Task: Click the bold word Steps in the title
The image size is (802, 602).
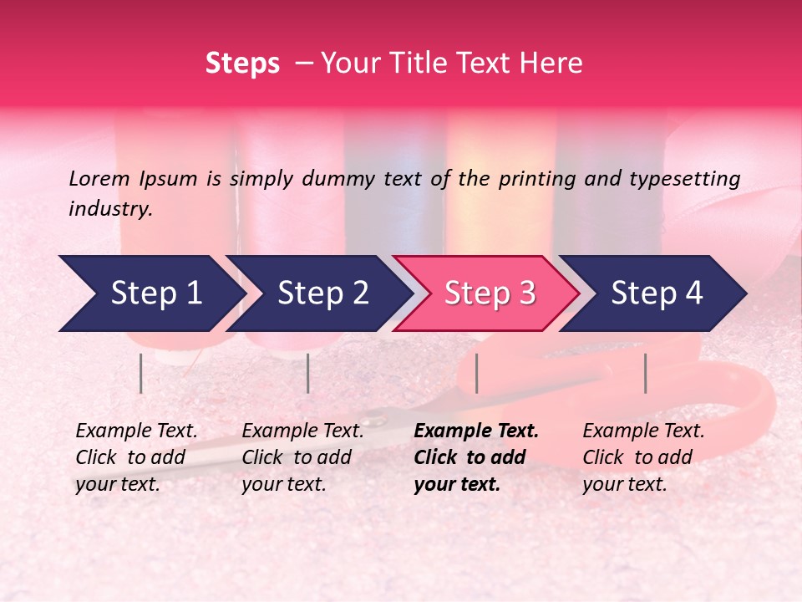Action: (x=242, y=64)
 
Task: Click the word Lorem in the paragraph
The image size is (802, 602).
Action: (x=99, y=178)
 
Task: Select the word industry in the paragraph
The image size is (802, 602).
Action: (x=109, y=209)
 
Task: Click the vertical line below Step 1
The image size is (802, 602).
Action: (x=141, y=373)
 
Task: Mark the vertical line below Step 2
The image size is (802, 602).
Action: (x=308, y=373)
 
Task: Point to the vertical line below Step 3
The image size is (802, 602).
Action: (x=476, y=373)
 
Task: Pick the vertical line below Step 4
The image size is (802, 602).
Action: (x=646, y=373)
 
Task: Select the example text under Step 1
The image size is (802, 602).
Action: (x=136, y=457)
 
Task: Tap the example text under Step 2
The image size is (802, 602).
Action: (x=302, y=457)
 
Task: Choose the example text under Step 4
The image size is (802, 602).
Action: (x=643, y=457)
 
